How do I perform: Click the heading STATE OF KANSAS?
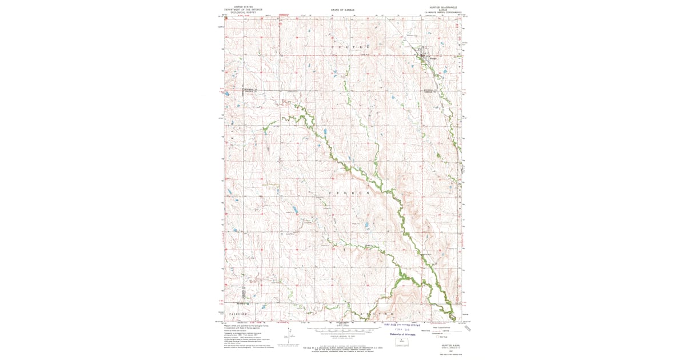click(x=343, y=10)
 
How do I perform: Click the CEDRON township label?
click(x=350, y=194)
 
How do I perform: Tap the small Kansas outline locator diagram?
click(x=402, y=341)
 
